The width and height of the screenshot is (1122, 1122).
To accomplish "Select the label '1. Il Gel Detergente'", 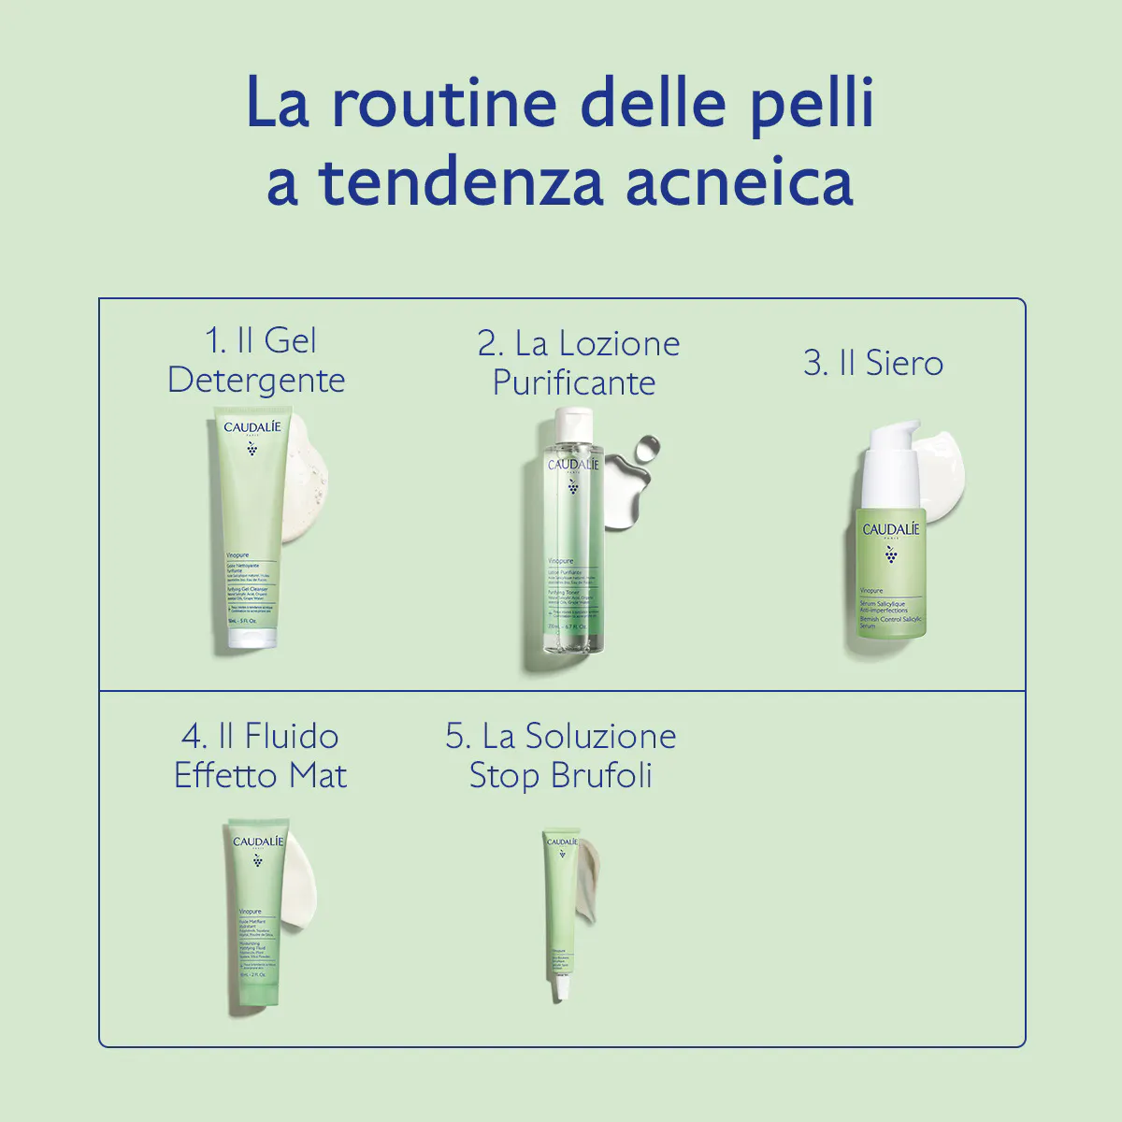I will (257, 361).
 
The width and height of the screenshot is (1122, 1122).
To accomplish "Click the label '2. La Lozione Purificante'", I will (577, 363).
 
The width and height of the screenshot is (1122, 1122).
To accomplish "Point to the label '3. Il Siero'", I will (873, 363).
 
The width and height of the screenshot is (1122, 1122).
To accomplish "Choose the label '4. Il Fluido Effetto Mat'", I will (260, 755).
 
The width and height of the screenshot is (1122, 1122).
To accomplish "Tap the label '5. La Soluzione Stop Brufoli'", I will (561, 755).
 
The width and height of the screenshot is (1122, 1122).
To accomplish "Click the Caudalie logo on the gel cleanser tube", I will (252, 427).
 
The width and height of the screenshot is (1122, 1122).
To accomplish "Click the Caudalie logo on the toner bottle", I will (573, 465).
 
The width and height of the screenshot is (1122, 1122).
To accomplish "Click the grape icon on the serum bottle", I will (891, 555).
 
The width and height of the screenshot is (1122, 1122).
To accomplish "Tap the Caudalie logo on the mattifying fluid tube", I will (257, 841).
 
